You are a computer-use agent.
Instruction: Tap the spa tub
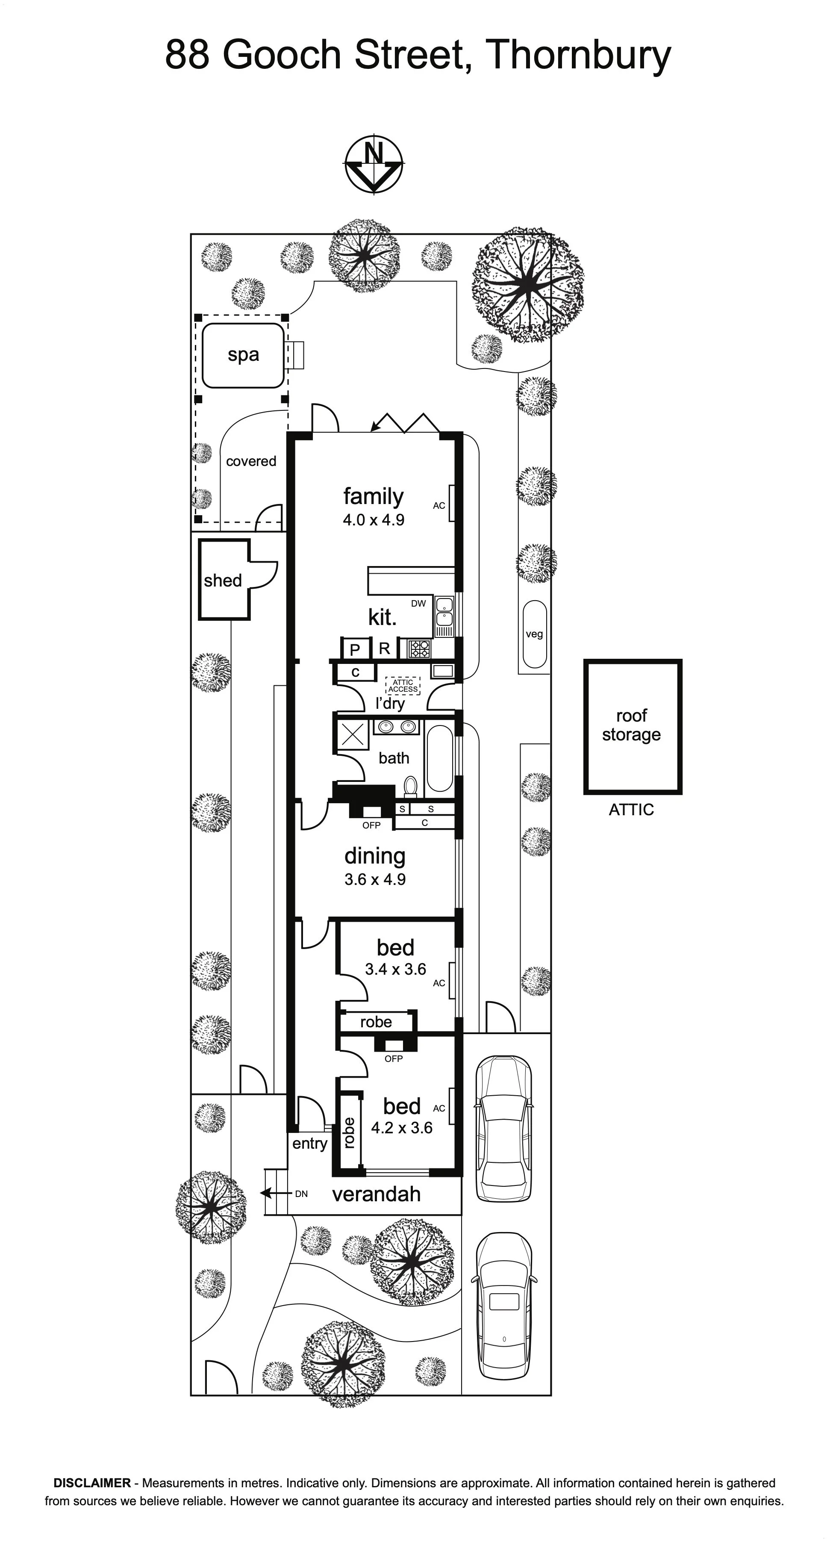[243, 356]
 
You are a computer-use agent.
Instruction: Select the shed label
[223, 580]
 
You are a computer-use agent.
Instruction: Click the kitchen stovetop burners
[419, 649]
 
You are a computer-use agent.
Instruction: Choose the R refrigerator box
[385, 648]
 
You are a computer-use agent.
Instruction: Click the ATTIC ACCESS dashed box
[403, 686]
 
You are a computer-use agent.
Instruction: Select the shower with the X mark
[353, 734]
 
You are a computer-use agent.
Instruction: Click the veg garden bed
[534, 634]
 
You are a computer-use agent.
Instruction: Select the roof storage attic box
[633, 727]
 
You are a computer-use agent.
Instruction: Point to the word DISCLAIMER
[92, 1483]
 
